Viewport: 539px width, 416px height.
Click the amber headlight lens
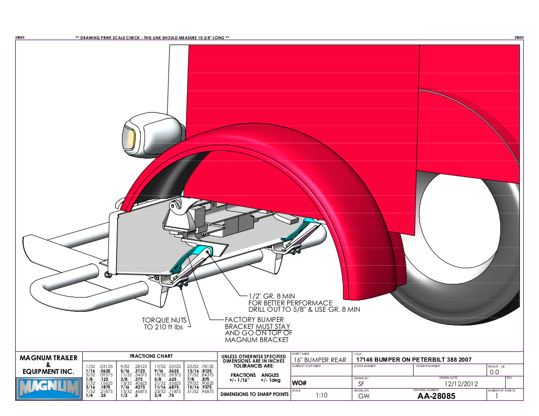click(132, 139)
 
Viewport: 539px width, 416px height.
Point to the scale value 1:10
click(321, 396)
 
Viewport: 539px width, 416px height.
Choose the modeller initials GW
click(364, 396)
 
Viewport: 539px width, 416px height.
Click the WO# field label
click(299, 383)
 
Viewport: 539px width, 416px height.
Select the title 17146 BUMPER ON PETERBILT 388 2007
click(414, 360)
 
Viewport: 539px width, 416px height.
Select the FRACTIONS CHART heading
click(150, 356)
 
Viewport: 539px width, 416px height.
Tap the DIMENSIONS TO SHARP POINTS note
click(253, 394)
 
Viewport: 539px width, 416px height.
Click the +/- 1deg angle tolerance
click(270, 380)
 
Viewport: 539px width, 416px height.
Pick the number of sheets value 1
click(497, 396)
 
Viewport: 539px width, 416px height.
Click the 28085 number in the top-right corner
click(519, 38)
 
